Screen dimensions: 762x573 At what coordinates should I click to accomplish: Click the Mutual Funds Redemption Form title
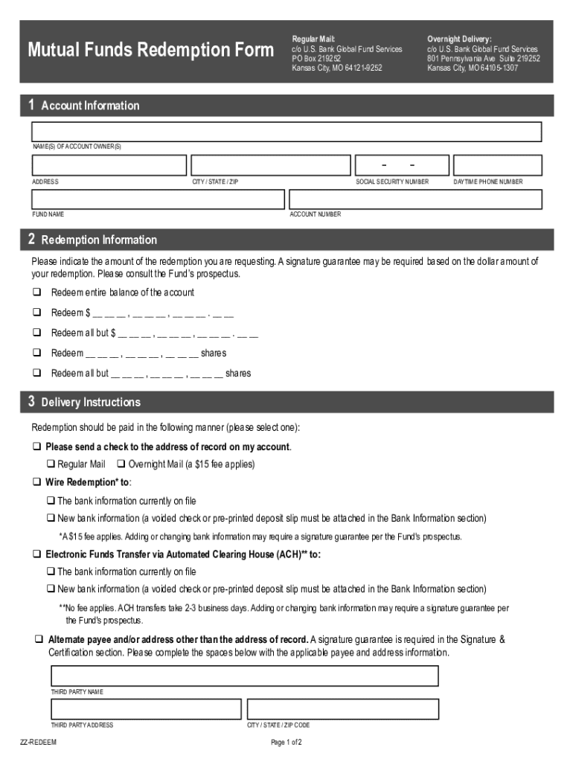(x=150, y=51)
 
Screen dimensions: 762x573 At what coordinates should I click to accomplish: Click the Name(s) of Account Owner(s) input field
(x=286, y=132)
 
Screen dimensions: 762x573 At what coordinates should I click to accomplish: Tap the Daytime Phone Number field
(x=497, y=165)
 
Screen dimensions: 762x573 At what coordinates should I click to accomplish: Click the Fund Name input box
(x=158, y=199)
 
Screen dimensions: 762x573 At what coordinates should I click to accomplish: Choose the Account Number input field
(x=415, y=199)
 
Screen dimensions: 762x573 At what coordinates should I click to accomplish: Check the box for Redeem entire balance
(x=36, y=292)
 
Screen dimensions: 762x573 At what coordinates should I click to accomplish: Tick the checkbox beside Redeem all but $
(x=36, y=333)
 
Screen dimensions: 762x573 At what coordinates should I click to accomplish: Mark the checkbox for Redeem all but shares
(x=36, y=373)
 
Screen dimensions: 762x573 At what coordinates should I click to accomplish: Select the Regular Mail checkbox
(x=51, y=464)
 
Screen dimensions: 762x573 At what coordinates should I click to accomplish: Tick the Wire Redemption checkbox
(x=36, y=482)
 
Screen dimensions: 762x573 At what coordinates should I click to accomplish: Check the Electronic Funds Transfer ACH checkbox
(x=36, y=554)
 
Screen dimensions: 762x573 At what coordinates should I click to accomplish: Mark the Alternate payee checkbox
(x=38, y=640)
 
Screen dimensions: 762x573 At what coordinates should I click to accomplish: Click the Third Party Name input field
(x=244, y=676)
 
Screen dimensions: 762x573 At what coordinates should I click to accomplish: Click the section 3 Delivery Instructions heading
(x=90, y=403)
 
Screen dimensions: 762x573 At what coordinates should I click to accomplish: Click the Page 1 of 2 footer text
(x=286, y=743)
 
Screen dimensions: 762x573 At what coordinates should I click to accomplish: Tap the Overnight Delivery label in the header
(x=459, y=39)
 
